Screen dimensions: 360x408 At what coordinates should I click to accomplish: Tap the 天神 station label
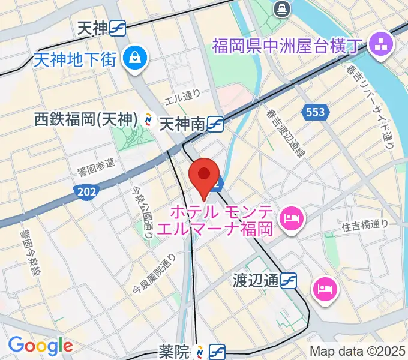(x=92, y=28)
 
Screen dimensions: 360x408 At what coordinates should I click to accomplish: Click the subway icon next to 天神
(x=118, y=28)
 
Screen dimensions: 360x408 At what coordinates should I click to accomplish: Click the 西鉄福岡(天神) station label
(x=86, y=119)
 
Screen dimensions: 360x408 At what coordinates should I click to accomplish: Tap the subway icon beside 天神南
(x=215, y=125)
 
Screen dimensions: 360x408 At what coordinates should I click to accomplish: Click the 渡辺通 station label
(x=256, y=280)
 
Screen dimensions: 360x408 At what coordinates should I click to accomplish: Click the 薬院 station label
(x=175, y=349)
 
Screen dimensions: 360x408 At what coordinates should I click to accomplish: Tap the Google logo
(x=40, y=346)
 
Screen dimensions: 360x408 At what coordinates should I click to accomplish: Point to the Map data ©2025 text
(x=358, y=351)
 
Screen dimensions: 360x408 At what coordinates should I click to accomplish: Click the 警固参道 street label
(x=96, y=164)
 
